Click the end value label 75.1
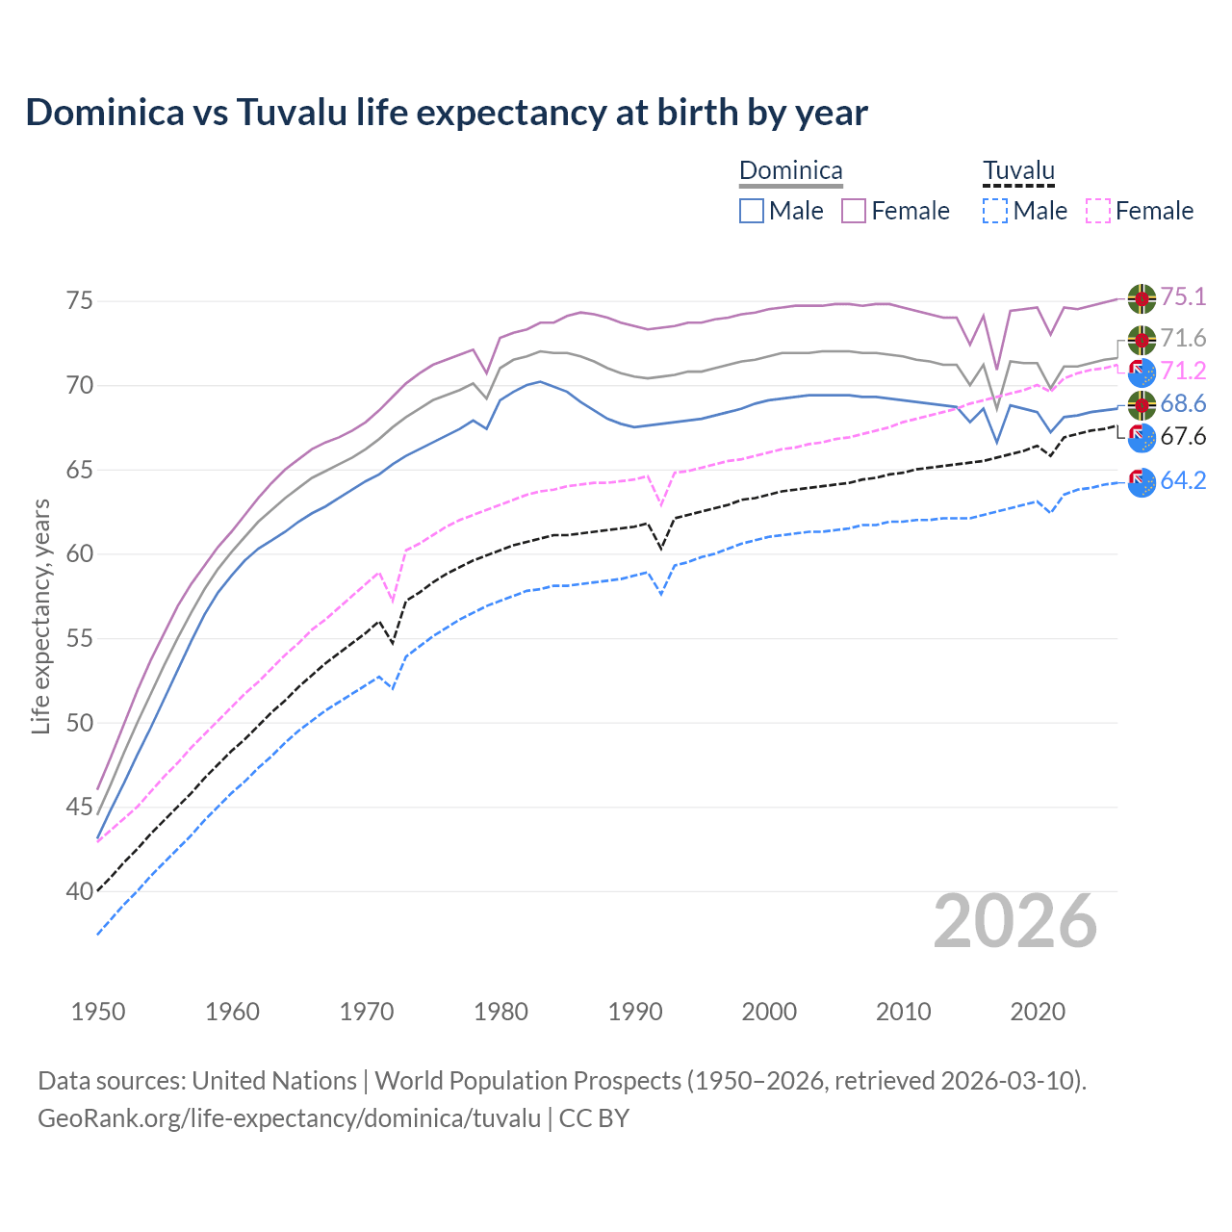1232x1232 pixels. pos(1183,297)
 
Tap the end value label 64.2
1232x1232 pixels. pos(1183,480)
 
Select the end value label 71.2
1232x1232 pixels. pos(1183,371)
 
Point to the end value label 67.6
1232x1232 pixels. pos(1183,437)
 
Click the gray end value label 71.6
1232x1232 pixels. pos(1183,339)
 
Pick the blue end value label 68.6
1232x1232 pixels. pos(1183,404)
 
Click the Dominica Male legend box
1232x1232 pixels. pos(752,211)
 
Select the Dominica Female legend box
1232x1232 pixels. pos(854,211)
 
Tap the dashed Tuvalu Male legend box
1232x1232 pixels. pos(995,211)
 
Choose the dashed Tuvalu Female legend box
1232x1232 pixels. pos(1098,211)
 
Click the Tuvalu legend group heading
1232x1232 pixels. pos(1018,171)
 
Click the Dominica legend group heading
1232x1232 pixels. pos(790,171)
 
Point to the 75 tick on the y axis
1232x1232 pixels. pos(80,301)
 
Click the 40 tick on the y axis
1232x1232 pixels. pos(80,892)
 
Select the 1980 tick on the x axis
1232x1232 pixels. pos(500,1012)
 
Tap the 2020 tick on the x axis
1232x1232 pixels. pos(1038,1012)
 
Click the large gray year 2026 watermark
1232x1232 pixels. pos(1014,922)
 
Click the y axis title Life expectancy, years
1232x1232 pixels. pos(41,616)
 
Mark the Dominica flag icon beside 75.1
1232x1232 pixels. pos(1142,298)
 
